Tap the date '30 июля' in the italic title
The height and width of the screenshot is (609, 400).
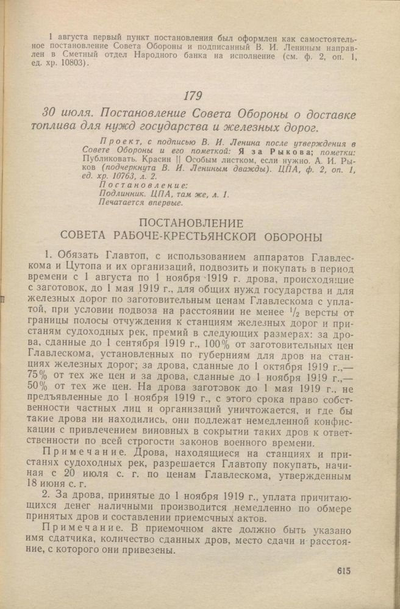point(67,115)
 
